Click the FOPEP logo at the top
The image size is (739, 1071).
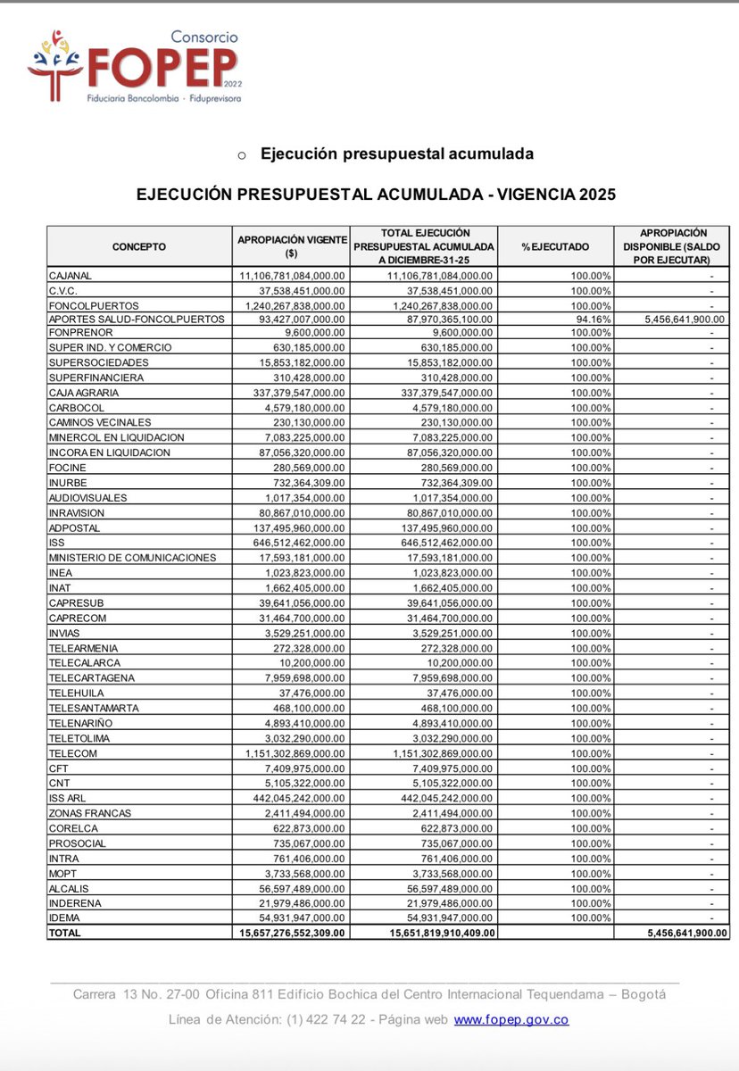134,66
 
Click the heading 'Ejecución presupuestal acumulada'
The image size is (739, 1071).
396,154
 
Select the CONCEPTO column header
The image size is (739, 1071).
138,246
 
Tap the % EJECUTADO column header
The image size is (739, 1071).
555,246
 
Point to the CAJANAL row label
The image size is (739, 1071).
71,276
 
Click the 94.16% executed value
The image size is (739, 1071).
591,318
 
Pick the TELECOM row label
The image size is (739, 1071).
72,753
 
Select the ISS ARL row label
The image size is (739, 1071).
68,798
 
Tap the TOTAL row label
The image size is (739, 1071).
65,933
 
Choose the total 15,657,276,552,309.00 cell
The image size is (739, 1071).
292,933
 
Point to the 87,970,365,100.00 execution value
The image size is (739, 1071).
443,318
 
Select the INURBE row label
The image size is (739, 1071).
67,483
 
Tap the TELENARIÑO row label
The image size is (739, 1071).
80,723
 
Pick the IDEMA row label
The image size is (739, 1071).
63,918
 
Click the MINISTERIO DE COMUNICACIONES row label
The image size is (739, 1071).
132,558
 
